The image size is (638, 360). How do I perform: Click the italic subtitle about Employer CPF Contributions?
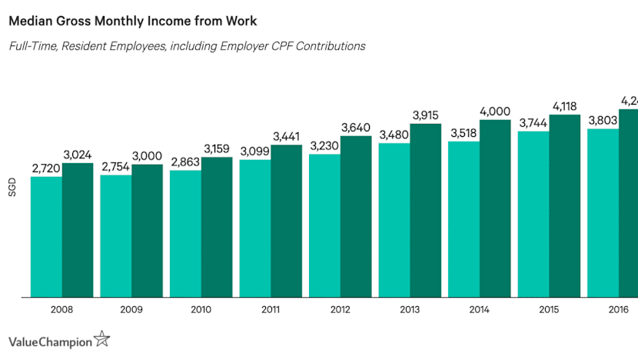coord(187,46)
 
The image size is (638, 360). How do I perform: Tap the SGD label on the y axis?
coord(12,188)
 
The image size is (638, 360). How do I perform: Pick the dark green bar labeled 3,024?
coord(78,230)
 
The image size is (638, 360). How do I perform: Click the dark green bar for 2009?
coord(147,231)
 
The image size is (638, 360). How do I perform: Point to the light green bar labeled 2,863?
coord(185,234)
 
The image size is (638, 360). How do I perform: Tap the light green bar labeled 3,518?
coord(464,219)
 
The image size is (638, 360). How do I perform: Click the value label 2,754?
coord(116,167)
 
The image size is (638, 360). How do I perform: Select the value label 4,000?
coord(495,112)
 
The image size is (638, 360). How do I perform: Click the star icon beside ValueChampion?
coord(101,338)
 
